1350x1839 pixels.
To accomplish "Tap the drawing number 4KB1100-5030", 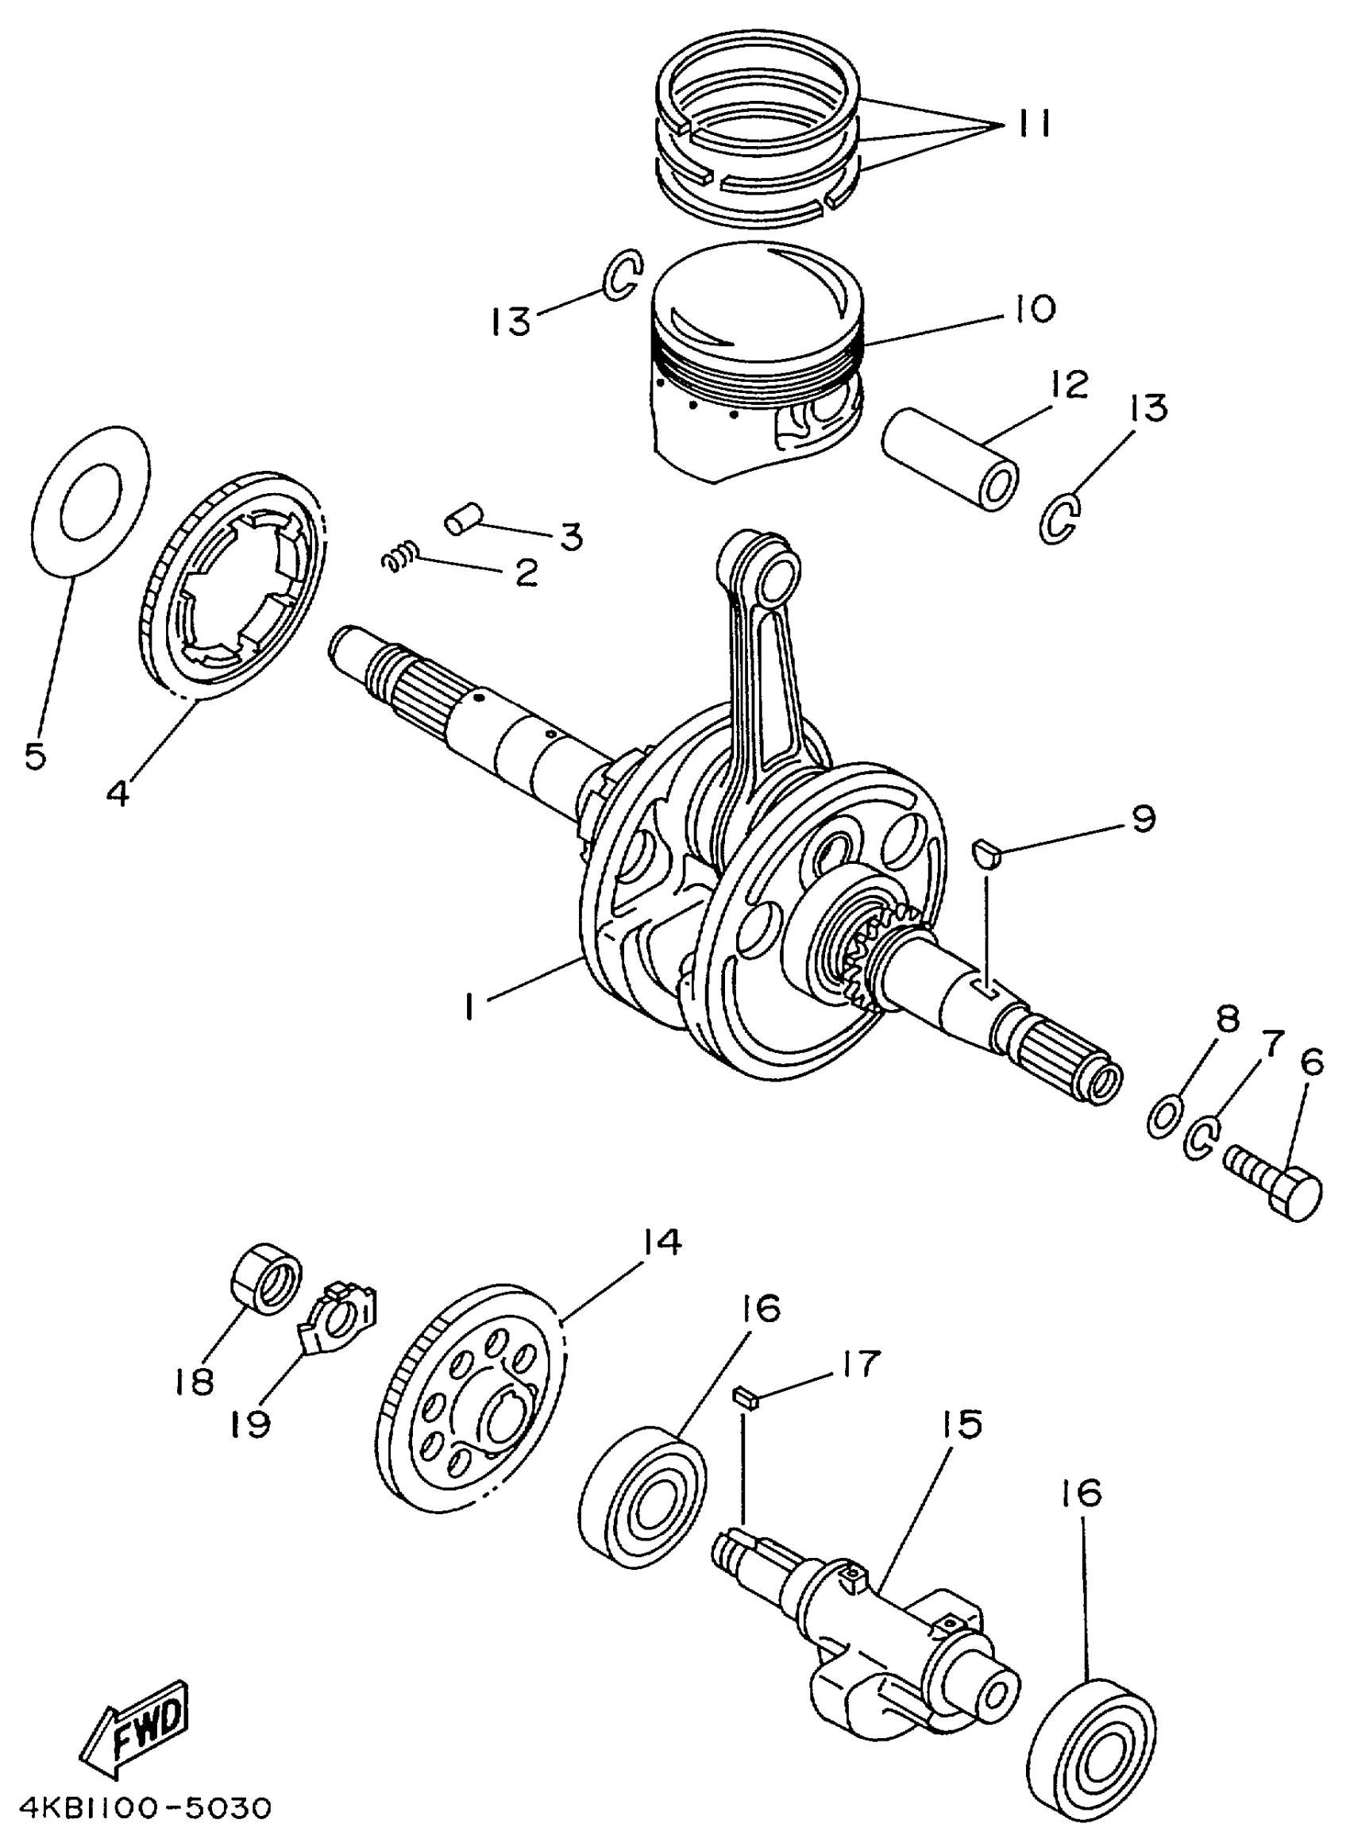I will point(145,1808).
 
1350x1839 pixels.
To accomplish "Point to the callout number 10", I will point(1037,310).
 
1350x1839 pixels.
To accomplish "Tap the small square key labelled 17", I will point(747,1398).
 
